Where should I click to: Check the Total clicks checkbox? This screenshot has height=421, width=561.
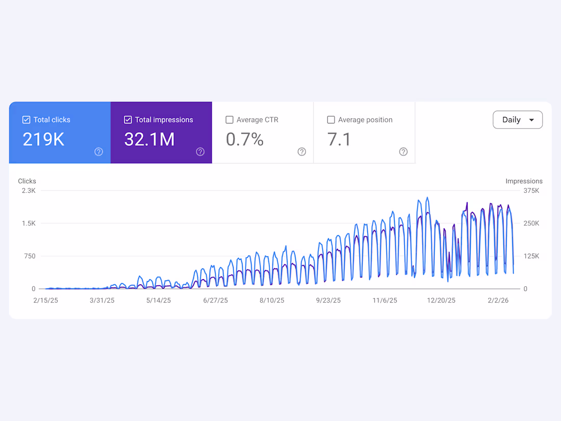(27, 120)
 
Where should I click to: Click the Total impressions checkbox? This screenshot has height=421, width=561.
(128, 120)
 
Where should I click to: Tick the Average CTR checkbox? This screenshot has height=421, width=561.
(229, 120)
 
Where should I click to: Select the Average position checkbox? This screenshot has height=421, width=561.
(331, 120)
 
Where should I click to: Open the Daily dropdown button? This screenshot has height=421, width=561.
(518, 120)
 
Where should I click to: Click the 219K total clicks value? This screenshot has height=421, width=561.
(43, 139)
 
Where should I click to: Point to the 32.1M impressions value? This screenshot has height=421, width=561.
(149, 139)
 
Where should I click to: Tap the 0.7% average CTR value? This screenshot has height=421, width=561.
(245, 139)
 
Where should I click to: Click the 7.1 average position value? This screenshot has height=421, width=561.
(339, 139)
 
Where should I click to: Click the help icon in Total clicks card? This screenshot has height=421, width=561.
(99, 152)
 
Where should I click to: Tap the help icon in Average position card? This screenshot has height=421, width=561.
(403, 152)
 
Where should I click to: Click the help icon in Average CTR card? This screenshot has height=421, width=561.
(302, 152)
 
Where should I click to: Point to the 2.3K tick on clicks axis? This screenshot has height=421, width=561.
(29, 191)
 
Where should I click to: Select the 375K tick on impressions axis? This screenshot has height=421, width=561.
(531, 191)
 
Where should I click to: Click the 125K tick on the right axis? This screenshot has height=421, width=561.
(531, 256)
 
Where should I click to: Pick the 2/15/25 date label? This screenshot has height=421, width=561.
(46, 301)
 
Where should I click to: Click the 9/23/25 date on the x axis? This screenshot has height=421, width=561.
(328, 301)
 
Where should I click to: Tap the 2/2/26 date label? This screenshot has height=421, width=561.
(498, 301)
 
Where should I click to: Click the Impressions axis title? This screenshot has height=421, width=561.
(524, 181)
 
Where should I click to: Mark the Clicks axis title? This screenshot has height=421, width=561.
(27, 181)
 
